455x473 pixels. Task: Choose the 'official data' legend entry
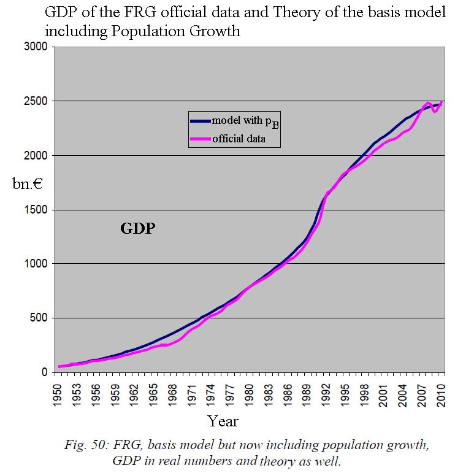coord(239,139)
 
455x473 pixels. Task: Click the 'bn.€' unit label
coord(28,183)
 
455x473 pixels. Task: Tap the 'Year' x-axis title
coord(223,421)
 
